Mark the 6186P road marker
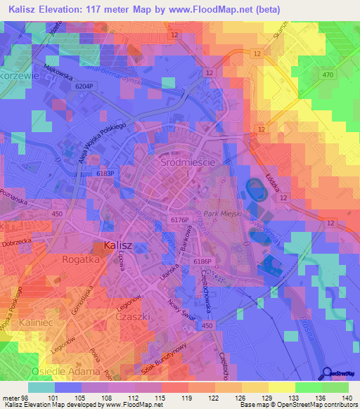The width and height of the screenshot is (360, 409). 203,262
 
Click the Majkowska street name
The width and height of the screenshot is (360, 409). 58,70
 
